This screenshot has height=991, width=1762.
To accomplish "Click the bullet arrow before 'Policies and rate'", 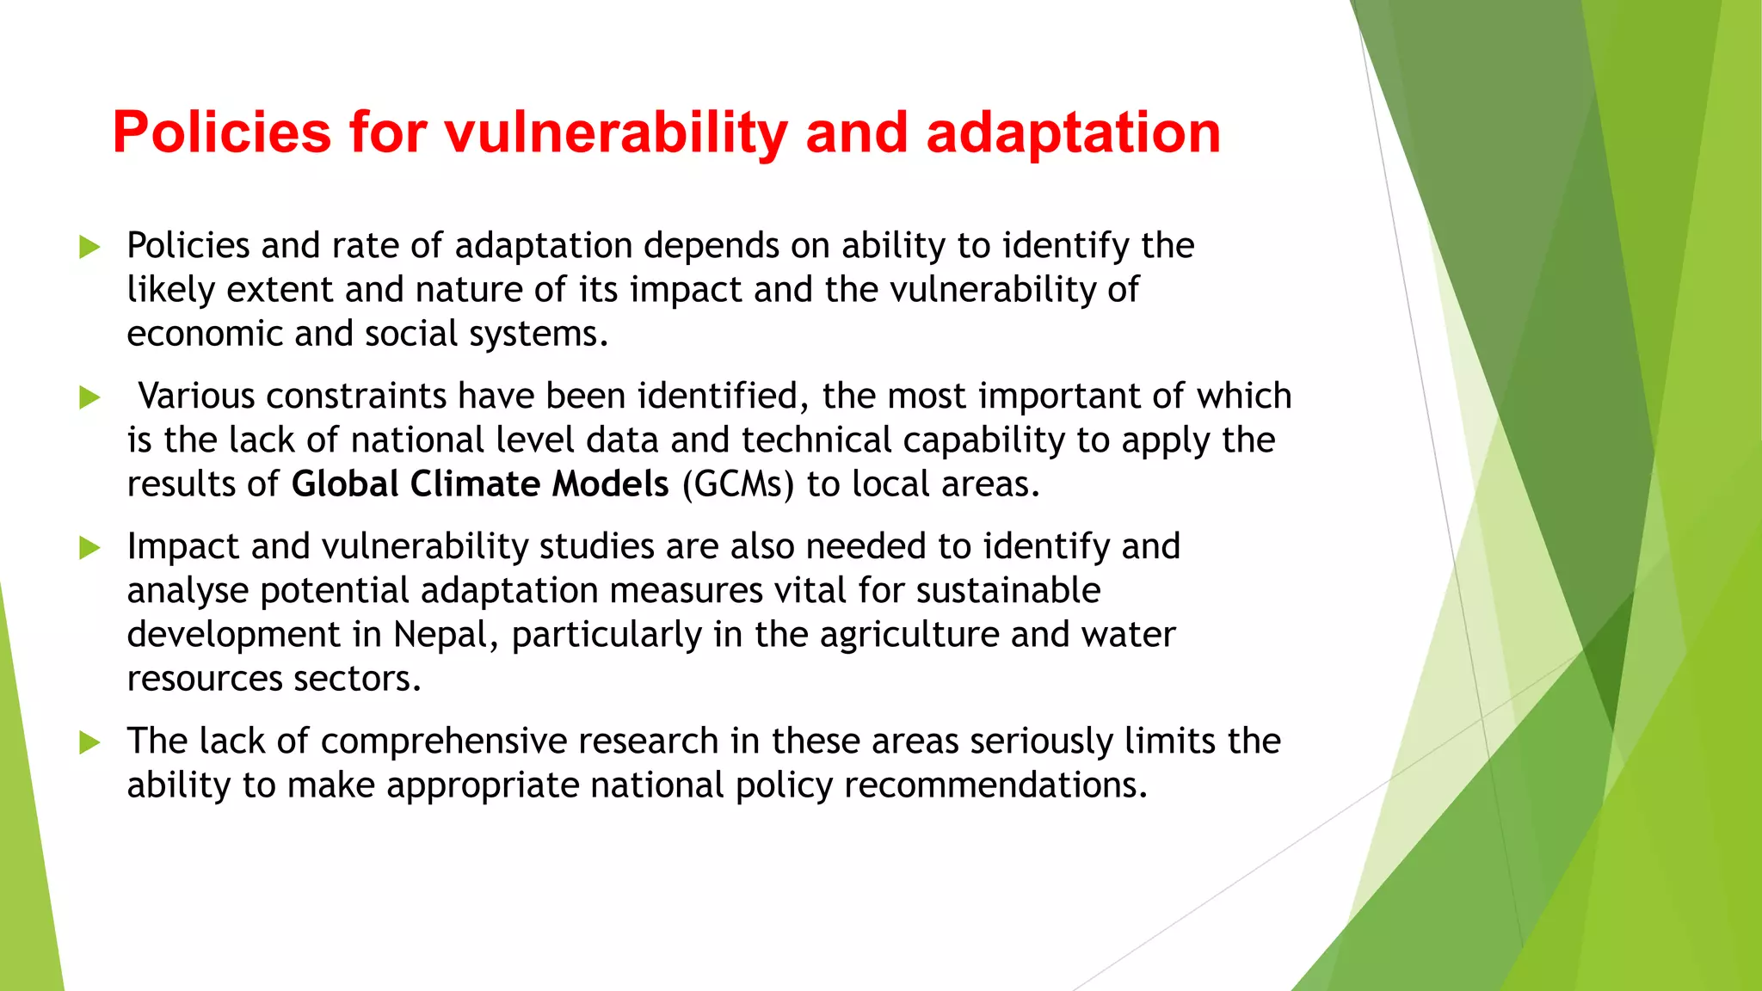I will pos(89,247).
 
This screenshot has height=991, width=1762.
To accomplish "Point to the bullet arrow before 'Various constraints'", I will pos(89,397).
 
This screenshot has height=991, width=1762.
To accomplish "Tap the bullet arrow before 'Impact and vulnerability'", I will pos(89,548).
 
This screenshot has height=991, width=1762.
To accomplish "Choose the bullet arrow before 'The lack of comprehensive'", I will pos(89,742).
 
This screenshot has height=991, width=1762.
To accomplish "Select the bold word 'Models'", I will pos(609,484).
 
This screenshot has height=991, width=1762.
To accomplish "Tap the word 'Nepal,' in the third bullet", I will pos(446,635).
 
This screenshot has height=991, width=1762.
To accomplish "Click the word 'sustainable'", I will pos(1007,591).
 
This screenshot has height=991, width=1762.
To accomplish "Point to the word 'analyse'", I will pos(188,591).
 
